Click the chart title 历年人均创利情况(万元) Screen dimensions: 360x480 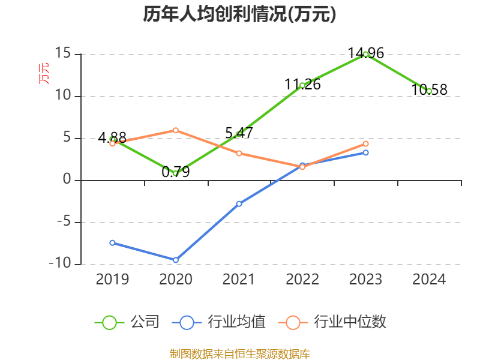(x=239, y=14)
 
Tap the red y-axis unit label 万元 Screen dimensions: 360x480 (x=44, y=73)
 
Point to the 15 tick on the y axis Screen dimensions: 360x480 (x=63, y=54)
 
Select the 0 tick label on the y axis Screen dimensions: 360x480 (x=67, y=180)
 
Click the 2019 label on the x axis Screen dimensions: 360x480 (x=112, y=279)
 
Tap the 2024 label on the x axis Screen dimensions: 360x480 (x=429, y=279)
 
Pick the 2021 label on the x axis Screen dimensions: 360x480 (x=239, y=279)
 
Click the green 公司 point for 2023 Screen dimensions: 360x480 (x=365, y=54)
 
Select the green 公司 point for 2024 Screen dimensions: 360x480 (x=429, y=91)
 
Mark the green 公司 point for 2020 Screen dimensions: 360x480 (x=175, y=173)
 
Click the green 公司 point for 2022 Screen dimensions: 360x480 (x=302, y=85)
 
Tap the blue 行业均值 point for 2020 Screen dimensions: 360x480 (x=175, y=260)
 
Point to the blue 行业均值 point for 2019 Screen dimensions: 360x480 (x=112, y=242)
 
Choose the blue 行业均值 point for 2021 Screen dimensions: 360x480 (x=239, y=204)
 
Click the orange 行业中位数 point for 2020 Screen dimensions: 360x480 (x=175, y=130)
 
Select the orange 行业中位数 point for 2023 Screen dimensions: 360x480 (x=365, y=143)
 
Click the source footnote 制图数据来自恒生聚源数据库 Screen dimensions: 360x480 (x=239, y=354)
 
